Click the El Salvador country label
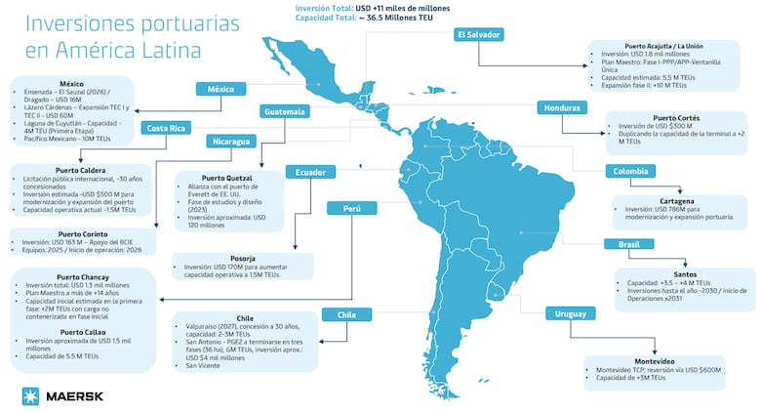pos(480,34)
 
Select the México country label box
pos(220,90)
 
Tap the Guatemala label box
pos(285,111)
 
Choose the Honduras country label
pos(563,107)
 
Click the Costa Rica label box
pos(168,128)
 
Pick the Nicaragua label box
pos(231,141)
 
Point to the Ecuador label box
pos(303,173)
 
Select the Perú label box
pos(351,208)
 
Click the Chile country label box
pos(346,314)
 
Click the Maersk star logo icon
pos(30,395)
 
